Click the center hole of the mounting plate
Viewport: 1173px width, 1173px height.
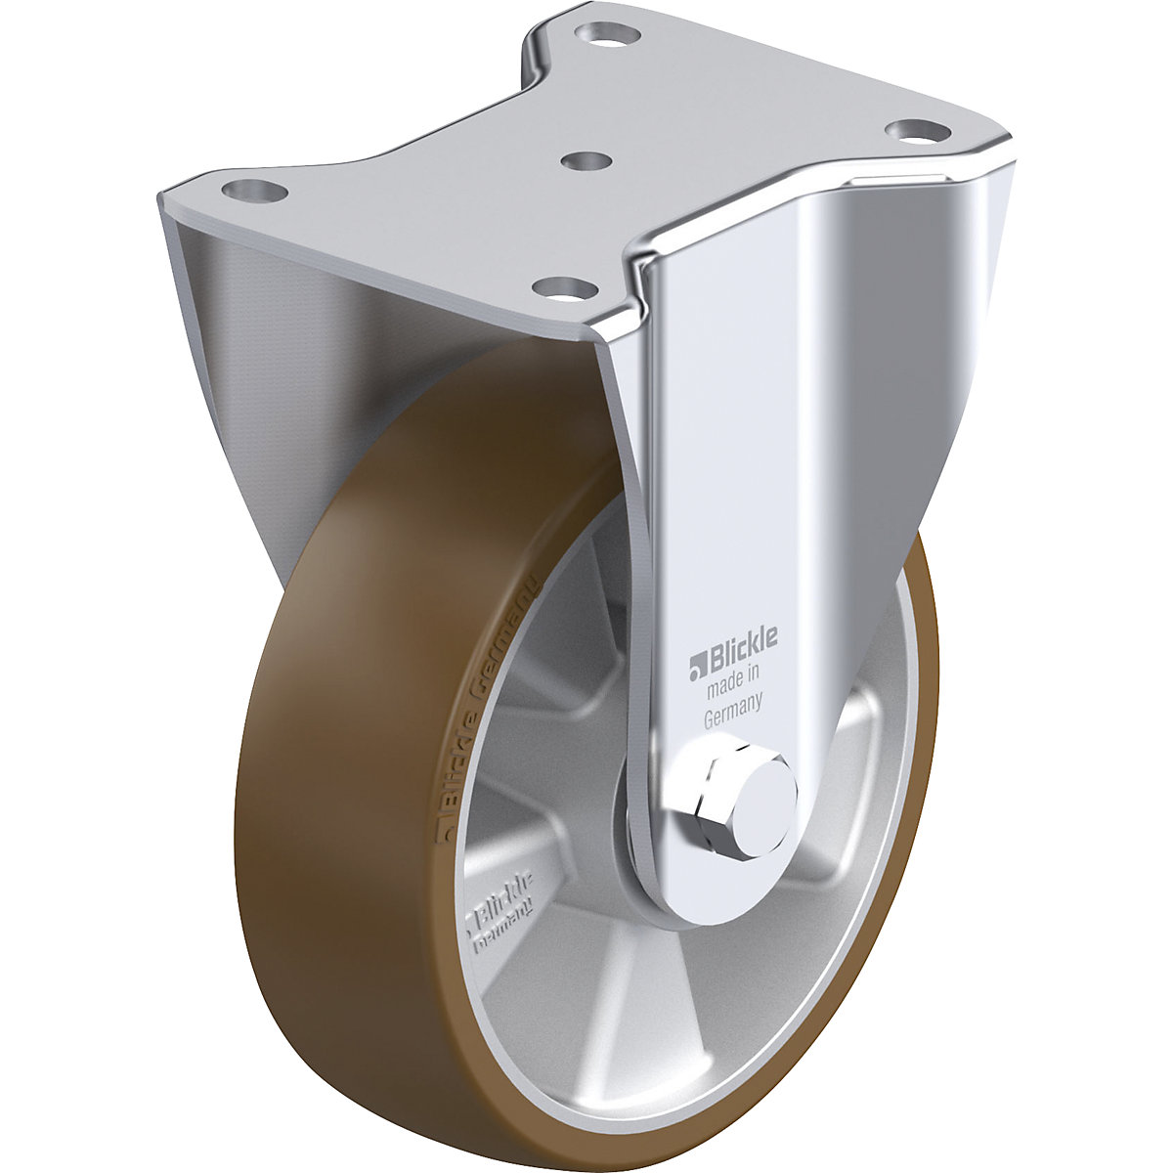click(586, 159)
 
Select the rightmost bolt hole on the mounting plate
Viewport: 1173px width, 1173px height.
click(912, 130)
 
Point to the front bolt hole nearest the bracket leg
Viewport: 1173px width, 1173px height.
click(561, 287)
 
